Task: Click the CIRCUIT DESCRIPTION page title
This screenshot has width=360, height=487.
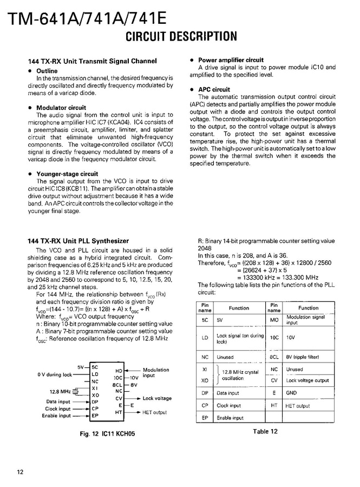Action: [x=181, y=37]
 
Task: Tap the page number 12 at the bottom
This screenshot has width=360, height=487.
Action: [x=20, y=472]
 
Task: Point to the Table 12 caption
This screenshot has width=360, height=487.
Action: [x=265, y=431]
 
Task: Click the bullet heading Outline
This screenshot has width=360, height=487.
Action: [x=47, y=71]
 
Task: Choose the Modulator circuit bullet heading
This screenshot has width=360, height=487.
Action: [x=61, y=108]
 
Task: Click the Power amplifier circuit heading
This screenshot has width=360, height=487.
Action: [x=231, y=60]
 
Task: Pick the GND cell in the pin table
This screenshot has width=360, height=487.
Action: [x=291, y=393]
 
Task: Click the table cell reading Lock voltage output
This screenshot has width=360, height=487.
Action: [x=307, y=380]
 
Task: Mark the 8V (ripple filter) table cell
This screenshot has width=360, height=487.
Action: [x=303, y=357]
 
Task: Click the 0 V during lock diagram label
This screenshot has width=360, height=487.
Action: [x=54, y=374]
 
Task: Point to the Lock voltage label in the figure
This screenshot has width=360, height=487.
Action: [x=157, y=398]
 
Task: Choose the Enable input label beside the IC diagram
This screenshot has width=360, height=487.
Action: [x=56, y=416]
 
